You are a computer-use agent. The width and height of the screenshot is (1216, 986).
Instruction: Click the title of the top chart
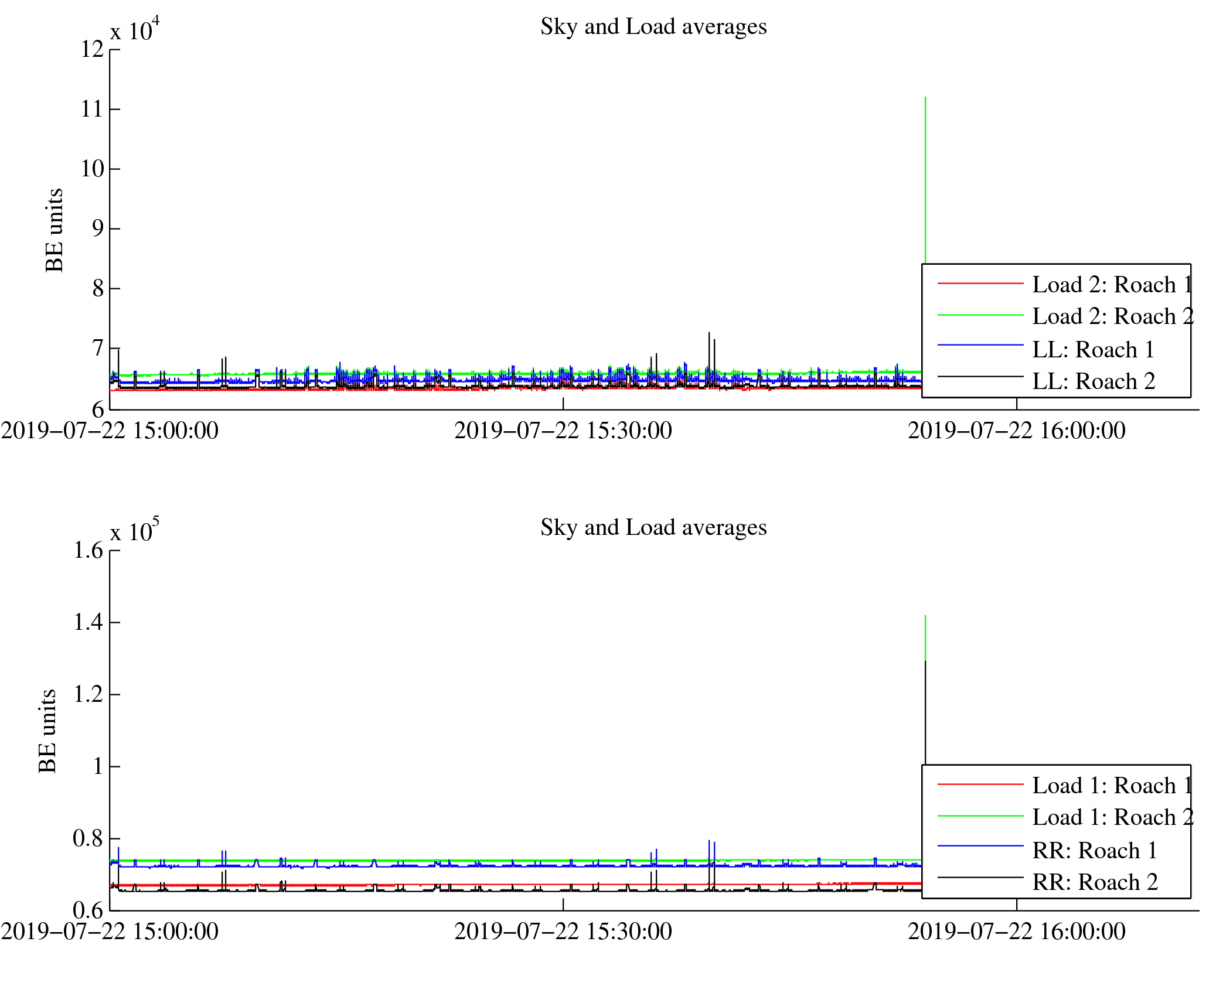[653, 27]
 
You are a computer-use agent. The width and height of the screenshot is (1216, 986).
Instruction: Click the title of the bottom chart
[653, 528]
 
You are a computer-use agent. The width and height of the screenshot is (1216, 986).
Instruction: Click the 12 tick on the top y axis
[93, 49]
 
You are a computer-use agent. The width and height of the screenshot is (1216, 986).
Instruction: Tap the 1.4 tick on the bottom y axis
[88, 622]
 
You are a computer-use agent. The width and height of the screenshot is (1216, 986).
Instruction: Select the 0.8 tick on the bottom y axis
[88, 838]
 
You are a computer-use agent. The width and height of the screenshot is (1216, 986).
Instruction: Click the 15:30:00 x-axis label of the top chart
[563, 431]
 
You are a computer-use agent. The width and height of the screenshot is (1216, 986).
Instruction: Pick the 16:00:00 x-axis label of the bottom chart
[1016, 932]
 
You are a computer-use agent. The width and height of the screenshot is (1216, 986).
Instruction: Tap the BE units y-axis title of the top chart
[54, 230]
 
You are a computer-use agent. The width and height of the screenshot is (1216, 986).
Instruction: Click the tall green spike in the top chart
[925, 176]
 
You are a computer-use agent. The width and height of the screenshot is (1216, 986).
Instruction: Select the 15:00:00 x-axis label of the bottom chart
[110, 932]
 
